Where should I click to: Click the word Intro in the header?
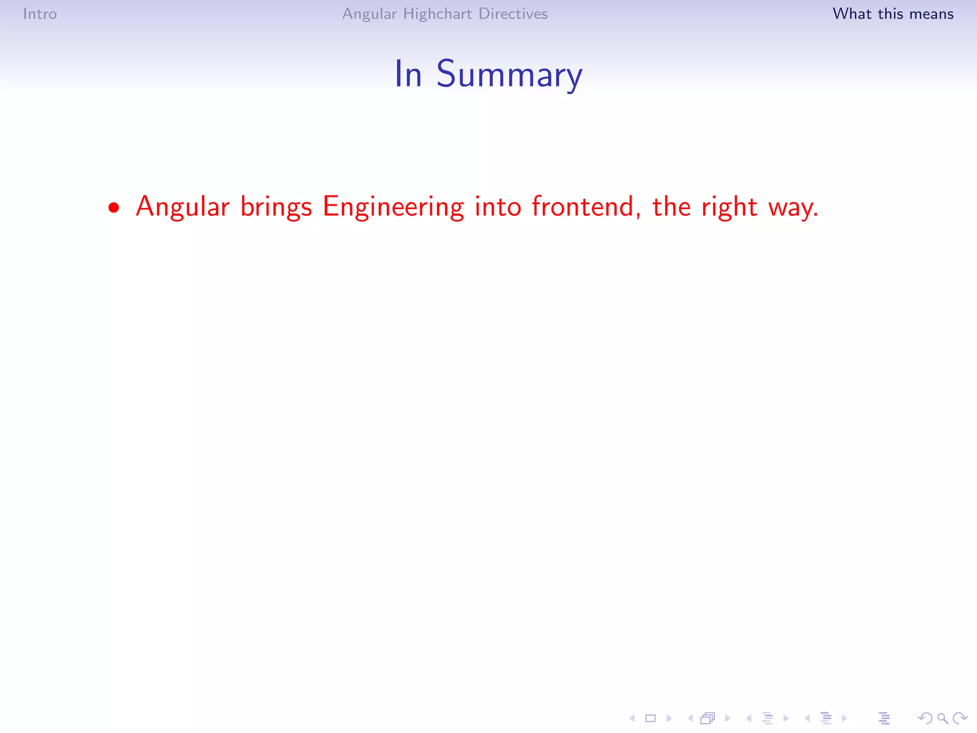[x=40, y=14]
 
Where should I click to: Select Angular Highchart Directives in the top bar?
[x=445, y=14]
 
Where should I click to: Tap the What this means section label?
[x=893, y=14]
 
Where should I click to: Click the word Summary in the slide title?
[x=509, y=75]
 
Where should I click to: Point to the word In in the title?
[x=408, y=75]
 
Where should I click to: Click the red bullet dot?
[x=114, y=208]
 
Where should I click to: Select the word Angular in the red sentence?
[x=183, y=207]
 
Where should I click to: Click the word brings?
[x=276, y=207]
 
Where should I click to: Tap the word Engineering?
[x=393, y=207]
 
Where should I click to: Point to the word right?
[x=729, y=207]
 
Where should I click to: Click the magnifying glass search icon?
[x=942, y=718]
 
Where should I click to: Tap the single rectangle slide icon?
[x=651, y=718]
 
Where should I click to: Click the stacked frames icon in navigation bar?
[x=708, y=718]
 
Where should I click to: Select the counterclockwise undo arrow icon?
[x=925, y=718]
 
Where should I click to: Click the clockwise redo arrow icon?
[x=960, y=718]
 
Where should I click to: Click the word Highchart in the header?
[x=437, y=14]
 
